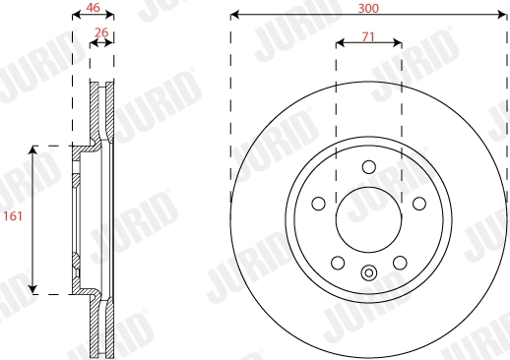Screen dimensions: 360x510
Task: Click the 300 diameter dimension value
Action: click(x=368, y=7)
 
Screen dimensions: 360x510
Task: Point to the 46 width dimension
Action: click(x=93, y=7)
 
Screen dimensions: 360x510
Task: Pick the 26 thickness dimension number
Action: click(x=101, y=33)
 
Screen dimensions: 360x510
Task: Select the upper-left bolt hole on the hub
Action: click(x=318, y=204)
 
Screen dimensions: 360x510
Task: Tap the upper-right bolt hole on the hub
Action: click(x=418, y=204)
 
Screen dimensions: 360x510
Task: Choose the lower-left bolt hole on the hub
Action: click(x=337, y=263)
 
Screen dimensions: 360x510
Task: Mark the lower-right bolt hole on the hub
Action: click(x=400, y=263)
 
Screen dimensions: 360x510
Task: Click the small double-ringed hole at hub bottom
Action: click(x=368, y=274)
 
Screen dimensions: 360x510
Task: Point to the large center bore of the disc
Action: click(x=368, y=218)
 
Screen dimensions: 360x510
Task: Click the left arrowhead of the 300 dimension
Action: click(x=233, y=16)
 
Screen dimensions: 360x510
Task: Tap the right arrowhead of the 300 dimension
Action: click(x=503, y=16)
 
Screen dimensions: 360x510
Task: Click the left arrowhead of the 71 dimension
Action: click(x=340, y=43)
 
